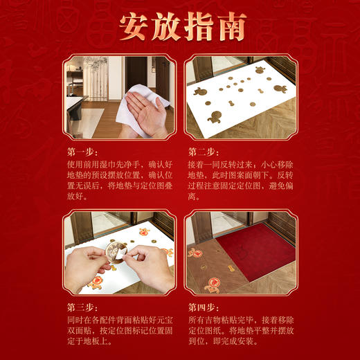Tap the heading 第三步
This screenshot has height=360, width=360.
coord(82,306)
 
